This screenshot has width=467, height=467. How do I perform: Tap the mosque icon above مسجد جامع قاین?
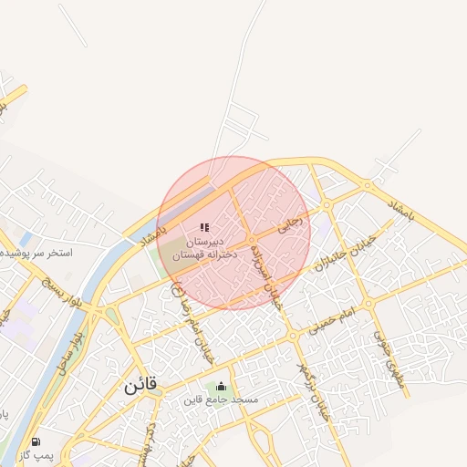220,387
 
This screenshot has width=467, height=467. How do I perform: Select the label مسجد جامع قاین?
221,400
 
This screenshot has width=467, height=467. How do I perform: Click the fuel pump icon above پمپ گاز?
36,441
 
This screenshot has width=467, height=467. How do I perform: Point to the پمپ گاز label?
37,454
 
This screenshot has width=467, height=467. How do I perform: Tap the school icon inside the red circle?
204,227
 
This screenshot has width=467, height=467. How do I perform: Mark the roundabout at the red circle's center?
252,241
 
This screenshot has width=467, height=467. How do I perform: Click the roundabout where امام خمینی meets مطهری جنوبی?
368,304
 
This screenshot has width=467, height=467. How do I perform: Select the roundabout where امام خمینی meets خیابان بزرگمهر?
292,337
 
